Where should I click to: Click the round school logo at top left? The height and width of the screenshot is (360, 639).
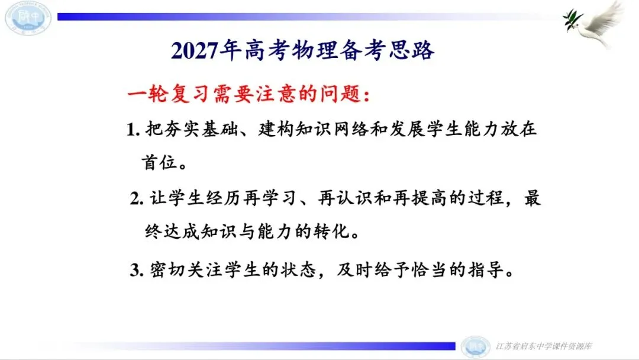(x=28, y=17)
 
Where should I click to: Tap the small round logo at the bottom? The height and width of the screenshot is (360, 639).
(x=475, y=347)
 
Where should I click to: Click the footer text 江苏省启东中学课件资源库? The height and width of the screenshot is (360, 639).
(x=544, y=346)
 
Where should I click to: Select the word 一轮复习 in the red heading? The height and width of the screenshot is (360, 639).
(x=169, y=94)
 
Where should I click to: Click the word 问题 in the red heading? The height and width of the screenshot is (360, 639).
(x=341, y=94)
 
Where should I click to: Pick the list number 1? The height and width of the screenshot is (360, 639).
(x=133, y=130)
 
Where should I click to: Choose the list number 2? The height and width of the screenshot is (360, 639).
(x=137, y=199)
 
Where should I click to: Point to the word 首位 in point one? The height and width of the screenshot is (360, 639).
(x=159, y=163)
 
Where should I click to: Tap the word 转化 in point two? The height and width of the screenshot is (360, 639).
(x=333, y=232)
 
